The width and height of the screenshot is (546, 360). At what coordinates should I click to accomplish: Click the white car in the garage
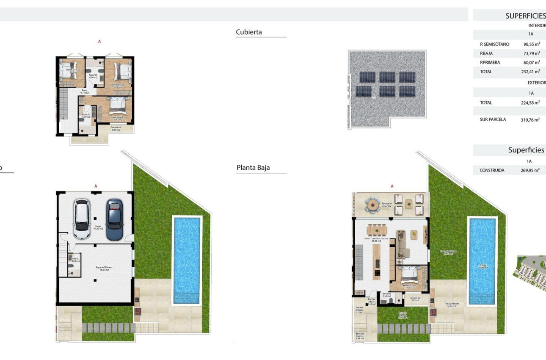82,219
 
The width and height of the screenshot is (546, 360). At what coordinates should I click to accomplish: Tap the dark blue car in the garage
114,219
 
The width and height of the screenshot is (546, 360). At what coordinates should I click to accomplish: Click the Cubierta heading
249,32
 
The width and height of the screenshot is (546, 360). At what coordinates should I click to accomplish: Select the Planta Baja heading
253,168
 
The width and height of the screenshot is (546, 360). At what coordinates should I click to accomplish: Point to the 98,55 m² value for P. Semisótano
532,44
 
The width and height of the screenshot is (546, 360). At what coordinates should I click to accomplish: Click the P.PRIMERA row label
490,63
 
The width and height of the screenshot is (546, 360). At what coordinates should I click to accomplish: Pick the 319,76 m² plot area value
530,120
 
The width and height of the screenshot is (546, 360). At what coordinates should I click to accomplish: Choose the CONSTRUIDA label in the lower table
492,171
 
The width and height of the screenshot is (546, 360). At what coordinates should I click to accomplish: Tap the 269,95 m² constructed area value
530,171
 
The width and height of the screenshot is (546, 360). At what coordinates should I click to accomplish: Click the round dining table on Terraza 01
373,204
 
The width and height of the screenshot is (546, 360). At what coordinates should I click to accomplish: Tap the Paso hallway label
85,91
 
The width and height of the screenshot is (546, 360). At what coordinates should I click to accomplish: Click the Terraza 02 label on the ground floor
415,299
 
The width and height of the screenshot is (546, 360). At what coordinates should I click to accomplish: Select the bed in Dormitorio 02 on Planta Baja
409,276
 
